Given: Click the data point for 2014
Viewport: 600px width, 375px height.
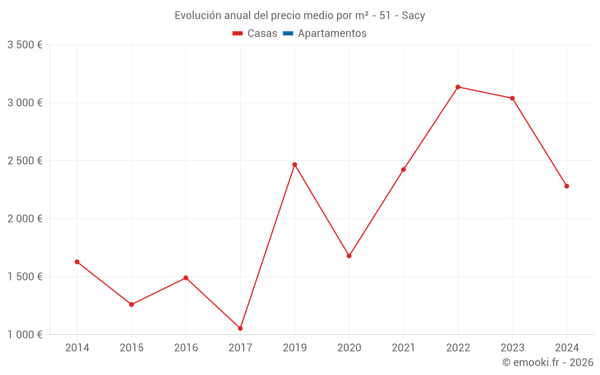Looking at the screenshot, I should click(77, 262).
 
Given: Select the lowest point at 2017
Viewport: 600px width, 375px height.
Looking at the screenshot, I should click(240, 328).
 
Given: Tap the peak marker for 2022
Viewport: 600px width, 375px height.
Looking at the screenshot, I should click(458, 87).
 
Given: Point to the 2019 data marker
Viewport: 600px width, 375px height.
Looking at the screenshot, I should click(295, 164).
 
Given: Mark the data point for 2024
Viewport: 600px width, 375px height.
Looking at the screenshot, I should click(566, 186).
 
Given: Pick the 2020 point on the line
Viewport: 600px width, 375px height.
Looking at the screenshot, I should click(349, 256).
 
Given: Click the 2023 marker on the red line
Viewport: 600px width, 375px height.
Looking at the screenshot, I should click(512, 98).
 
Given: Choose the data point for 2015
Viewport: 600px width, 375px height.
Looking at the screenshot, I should click(131, 304).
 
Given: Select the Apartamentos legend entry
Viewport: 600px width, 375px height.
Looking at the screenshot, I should click(332, 34).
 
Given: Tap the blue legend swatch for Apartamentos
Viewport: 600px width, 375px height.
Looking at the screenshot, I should click(287, 34).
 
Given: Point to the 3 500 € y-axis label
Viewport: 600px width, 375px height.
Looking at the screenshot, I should click(25, 45).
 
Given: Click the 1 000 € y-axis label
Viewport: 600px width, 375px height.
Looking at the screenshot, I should click(25, 335).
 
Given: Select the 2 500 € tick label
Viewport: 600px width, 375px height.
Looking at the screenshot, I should click(25, 161).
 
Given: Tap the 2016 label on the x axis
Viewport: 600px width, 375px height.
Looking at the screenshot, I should click(186, 347).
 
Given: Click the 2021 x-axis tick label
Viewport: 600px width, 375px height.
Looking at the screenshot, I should click(403, 347).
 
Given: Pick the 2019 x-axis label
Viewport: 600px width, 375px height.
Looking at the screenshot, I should click(295, 347).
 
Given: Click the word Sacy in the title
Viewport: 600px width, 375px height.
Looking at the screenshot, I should click(413, 16).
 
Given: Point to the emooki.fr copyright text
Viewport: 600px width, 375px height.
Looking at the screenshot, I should click(548, 362).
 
